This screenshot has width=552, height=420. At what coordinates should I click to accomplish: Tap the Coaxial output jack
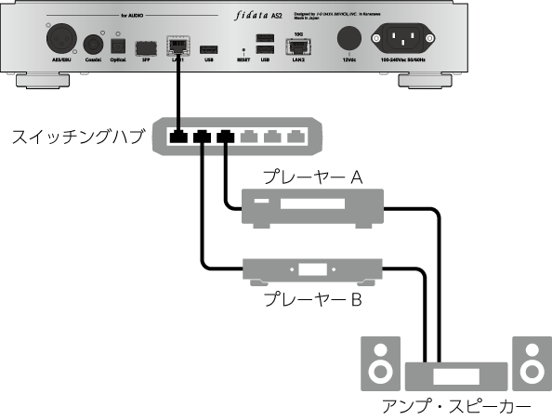coord(93,43)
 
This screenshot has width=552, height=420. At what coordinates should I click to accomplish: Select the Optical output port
coord(118,44)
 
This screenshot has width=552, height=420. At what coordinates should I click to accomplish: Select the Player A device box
coord(311,207)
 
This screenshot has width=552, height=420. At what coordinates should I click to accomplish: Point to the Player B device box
coord(311,270)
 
